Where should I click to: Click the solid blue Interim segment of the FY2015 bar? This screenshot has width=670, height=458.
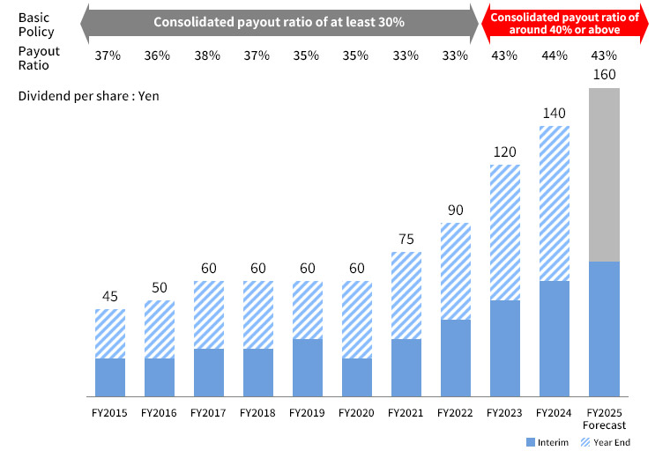click(110, 377)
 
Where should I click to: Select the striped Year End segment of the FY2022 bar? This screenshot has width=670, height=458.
click(456, 270)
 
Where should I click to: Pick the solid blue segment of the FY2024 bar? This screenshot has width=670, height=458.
click(555, 338)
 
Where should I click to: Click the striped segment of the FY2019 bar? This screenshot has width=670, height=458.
click(308, 310)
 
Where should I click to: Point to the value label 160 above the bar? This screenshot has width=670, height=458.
click(604, 75)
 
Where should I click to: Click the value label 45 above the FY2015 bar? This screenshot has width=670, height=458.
click(110, 296)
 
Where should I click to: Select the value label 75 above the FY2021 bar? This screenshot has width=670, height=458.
click(406, 239)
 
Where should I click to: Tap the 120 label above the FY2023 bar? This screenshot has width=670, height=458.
click(505, 151)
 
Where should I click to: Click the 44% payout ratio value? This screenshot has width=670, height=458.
click(555, 55)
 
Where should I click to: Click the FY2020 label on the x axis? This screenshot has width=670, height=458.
click(357, 412)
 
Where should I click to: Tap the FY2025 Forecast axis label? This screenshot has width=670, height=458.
click(604, 418)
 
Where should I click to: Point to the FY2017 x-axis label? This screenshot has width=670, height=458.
click(209, 412)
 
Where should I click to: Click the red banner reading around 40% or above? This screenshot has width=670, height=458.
click(564, 23)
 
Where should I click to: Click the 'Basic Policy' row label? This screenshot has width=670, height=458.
click(35, 23)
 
